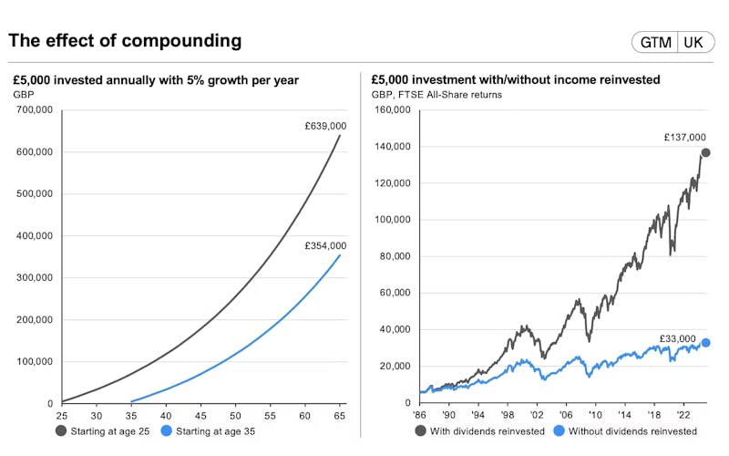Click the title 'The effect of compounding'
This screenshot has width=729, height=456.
(x=125, y=41)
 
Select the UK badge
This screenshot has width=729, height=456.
(x=693, y=43)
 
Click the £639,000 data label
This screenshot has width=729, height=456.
(x=325, y=126)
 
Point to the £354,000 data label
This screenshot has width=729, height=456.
(x=325, y=245)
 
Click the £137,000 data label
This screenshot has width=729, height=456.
(x=684, y=138)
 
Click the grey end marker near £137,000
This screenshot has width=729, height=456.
(x=705, y=152)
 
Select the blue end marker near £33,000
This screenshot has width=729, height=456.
(x=705, y=343)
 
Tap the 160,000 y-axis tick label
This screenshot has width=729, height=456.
(x=391, y=109)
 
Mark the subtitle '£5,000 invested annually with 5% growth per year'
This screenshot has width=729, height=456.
(x=156, y=80)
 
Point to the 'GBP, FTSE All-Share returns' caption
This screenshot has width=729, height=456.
(x=436, y=94)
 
